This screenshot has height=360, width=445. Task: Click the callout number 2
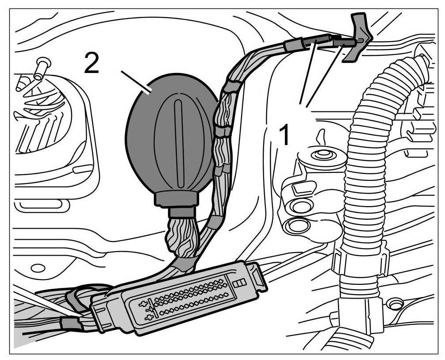(x=92, y=65)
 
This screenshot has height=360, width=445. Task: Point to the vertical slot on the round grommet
(x=179, y=142)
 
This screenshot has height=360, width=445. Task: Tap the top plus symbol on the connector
(x=143, y=304)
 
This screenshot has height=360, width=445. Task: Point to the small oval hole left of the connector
(x=38, y=268)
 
